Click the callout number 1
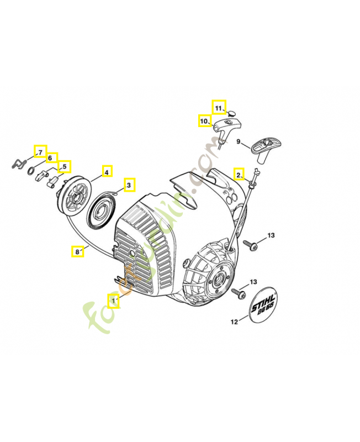point(113,301)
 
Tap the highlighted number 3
point(128,185)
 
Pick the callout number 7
point(39,151)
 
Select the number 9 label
point(239,142)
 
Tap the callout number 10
point(204,120)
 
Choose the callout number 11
point(219,107)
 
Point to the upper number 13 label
point(271,236)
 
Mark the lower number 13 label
point(253,282)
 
